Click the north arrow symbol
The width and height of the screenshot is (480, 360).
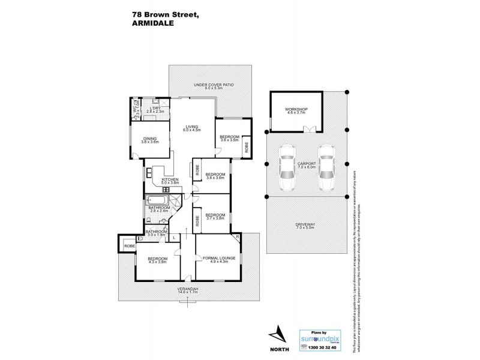(x=277, y=331)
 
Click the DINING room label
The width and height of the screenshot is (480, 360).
(x=149, y=140)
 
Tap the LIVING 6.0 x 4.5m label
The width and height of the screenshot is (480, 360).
(x=192, y=128)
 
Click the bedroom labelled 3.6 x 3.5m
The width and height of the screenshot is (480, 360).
(x=228, y=139)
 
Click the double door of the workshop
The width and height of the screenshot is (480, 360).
(x=310, y=129)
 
